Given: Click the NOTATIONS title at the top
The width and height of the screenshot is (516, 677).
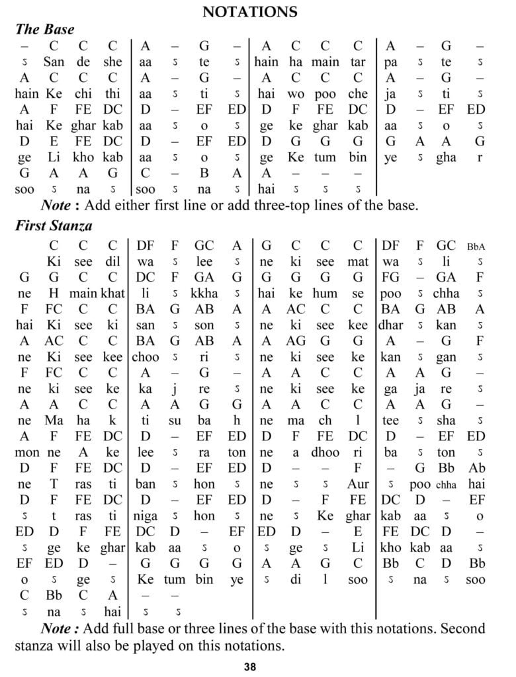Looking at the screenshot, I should coord(250,12).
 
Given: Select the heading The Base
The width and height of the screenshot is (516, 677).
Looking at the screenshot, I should coord(45,29).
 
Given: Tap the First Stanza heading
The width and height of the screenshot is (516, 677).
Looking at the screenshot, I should coord(54,226).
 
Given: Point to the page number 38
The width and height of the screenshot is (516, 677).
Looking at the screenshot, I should coord(250,666).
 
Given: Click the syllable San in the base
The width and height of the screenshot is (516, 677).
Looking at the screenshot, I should coord(54,62).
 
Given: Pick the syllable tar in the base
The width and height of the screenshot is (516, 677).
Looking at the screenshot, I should coord(358,62).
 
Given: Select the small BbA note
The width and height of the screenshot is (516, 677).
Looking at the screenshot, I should coord(476,246).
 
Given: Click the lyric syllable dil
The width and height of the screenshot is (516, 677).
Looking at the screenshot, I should coord(112,261).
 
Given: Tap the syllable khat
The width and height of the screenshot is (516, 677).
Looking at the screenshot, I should coord(112,293).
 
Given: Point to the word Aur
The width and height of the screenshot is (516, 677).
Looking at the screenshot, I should coord(358,484).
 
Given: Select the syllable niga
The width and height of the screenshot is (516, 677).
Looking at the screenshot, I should coord(146,516).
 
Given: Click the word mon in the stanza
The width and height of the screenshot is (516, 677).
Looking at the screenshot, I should coord(24,452).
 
